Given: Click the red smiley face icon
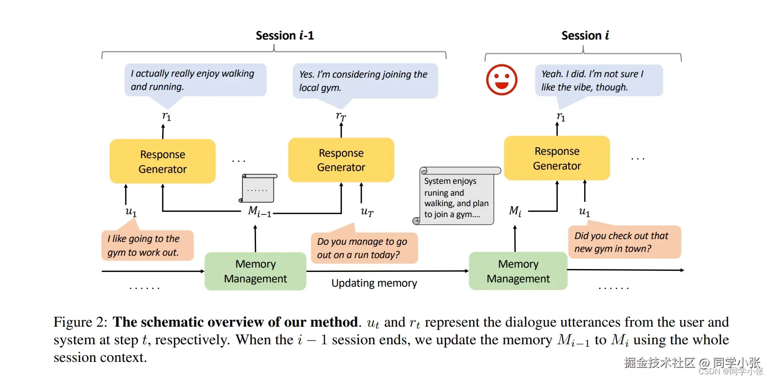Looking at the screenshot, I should click(x=501, y=80).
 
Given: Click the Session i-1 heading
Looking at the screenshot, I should click(x=285, y=36).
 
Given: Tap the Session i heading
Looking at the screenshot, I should click(x=585, y=36).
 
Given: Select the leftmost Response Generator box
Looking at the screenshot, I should click(x=163, y=161).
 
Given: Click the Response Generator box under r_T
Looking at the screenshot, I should click(x=341, y=160).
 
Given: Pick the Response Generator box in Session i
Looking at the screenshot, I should click(x=557, y=158).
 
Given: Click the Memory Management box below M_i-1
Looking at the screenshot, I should click(x=255, y=271).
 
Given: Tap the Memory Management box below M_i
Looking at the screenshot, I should click(x=518, y=271).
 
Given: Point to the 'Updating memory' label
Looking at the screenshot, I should click(x=374, y=283).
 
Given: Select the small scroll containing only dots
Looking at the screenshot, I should click(x=258, y=188).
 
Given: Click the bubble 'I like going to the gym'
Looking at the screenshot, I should click(x=147, y=245).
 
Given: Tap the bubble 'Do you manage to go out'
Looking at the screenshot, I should click(x=364, y=248).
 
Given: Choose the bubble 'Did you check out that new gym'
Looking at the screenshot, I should click(x=624, y=242).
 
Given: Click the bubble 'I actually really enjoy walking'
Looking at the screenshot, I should click(x=195, y=80).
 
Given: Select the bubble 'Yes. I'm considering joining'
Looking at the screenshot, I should click(x=365, y=81).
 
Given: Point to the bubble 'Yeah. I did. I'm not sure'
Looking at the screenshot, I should click(x=598, y=80).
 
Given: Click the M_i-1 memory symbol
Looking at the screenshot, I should click(x=259, y=211).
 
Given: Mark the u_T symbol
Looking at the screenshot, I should click(x=367, y=211).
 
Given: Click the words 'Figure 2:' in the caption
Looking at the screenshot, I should click(x=80, y=322).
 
